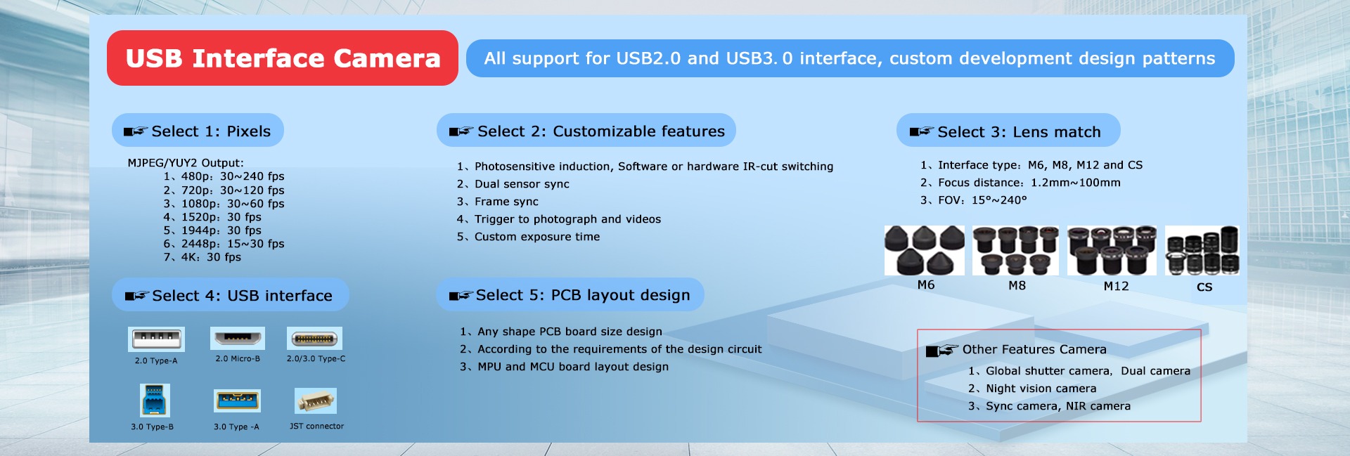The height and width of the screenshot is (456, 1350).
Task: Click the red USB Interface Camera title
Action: pyautogui.click(x=283, y=58)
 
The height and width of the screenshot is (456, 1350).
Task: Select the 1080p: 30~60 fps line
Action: pyautogui.click(x=224, y=204)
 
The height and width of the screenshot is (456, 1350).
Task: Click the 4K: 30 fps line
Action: pyautogui.click(x=202, y=257)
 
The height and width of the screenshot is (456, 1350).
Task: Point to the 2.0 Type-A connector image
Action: pyautogui.click(x=156, y=339)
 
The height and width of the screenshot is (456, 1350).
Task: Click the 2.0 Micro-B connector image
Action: pyautogui.click(x=238, y=338)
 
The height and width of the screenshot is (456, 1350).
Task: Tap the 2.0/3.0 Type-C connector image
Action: pyautogui.click(x=314, y=338)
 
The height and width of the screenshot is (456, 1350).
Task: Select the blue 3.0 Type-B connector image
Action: pyautogui.click(x=155, y=400)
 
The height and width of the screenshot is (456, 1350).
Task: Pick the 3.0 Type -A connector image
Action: pyautogui.click(x=237, y=400)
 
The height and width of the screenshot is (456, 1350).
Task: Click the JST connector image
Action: pyautogui.click(x=316, y=400)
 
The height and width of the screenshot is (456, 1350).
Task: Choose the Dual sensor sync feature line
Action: pyautogui.click(x=513, y=184)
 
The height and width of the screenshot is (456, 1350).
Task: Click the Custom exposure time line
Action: pyautogui.click(x=528, y=237)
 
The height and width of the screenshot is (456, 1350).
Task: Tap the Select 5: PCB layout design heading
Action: pyautogui.click(x=570, y=295)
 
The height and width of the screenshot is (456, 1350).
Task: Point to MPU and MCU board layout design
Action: pyautogui.click(x=564, y=367)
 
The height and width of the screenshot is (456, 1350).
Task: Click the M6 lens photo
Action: pyautogui.click(x=925, y=250)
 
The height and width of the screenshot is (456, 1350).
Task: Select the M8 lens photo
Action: pyautogui.click(x=1015, y=250)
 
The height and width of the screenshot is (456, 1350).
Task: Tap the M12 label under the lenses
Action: pyautogui.click(x=1116, y=286)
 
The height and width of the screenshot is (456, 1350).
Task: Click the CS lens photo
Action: pyautogui.click(x=1202, y=250)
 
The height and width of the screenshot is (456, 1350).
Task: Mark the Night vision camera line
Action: pyautogui.click(x=1032, y=389)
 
